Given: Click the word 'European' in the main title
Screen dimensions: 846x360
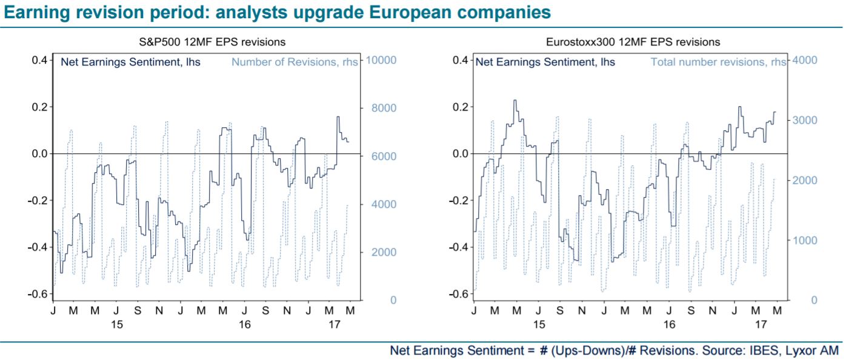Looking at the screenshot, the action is [x=410, y=13].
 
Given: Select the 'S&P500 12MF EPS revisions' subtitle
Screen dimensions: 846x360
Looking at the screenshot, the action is [x=212, y=42].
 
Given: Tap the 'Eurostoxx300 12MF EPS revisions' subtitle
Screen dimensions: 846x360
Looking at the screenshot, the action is [x=633, y=42].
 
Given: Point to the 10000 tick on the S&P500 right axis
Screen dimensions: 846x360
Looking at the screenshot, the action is [x=381, y=60].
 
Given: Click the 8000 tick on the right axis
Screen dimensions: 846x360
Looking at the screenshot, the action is [x=384, y=108].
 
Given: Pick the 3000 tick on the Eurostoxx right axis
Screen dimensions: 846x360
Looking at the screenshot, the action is [x=805, y=120].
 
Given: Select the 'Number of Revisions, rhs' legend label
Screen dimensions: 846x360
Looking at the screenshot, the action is [x=295, y=62].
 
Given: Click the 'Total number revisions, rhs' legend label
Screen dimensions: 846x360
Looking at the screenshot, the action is [x=718, y=62].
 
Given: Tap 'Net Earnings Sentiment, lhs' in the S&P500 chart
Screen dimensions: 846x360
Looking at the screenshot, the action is [x=131, y=62].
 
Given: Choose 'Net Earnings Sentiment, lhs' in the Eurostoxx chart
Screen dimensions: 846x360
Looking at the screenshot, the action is [x=545, y=62].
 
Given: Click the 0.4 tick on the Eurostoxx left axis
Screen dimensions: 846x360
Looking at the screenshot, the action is [x=460, y=60].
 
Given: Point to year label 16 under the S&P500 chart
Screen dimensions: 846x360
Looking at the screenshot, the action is [x=244, y=324].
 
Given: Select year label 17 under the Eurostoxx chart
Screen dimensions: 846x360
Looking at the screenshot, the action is [x=761, y=324].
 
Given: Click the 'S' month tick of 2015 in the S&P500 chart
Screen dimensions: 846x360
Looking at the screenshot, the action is [x=138, y=310].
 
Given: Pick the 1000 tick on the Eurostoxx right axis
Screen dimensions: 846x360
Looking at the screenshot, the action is [x=805, y=240].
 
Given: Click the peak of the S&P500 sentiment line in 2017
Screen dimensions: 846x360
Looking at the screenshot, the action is [x=338, y=117].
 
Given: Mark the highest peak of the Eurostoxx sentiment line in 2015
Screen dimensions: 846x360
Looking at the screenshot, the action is [x=515, y=100].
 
